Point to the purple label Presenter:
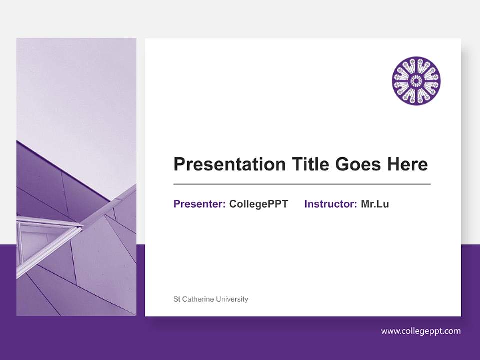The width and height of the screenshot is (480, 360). [x=199, y=204]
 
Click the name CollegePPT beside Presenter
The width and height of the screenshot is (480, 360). [x=258, y=204]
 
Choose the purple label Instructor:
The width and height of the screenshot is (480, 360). [x=330, y=204]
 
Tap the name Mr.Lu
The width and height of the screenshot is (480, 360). [x=375, y=204]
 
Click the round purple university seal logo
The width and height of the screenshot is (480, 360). [x=416, y=81]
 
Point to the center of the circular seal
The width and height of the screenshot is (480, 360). [x=416, y=81]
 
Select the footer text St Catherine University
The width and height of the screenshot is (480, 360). [x=210, y=299]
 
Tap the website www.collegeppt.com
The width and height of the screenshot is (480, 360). [x=421, y=331]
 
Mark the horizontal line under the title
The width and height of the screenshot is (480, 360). [x=302, y=184]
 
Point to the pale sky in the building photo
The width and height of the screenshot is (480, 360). [x=75, y=90]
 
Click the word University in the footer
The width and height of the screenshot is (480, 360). [x=232, y=299]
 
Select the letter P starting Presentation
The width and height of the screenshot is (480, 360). [x=179, y=164]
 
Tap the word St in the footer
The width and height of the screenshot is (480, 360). [x=176, y=299]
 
